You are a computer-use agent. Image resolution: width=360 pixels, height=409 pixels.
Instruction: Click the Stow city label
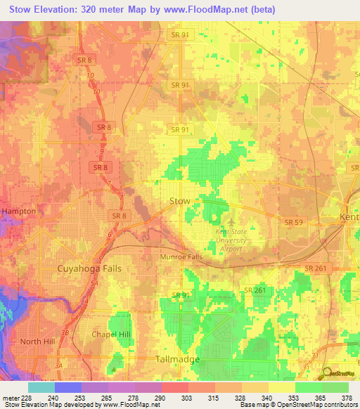[180, 201]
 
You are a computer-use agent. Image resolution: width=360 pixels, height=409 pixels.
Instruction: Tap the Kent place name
[350, 217]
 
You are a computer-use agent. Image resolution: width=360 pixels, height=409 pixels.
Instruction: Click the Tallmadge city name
[176, 359]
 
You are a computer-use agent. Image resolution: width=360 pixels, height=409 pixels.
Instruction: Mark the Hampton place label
[18, 211]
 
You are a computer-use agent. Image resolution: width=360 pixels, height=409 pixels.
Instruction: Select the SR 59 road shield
[293, 222]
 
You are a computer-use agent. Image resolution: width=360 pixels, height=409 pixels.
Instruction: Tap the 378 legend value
[348, 397]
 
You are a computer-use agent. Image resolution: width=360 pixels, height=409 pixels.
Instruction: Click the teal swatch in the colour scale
[41, 387]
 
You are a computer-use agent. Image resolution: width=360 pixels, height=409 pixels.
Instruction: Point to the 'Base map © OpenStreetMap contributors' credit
[297, 405]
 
